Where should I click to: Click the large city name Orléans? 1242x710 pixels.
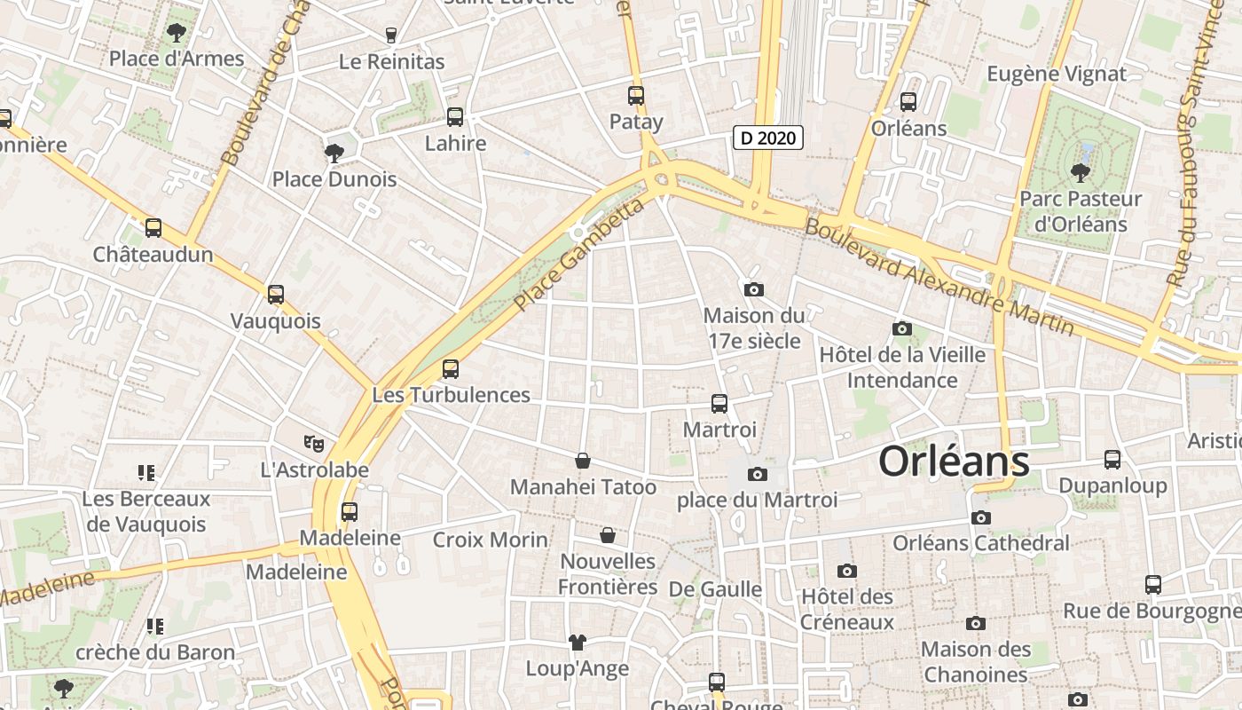coord(954,461)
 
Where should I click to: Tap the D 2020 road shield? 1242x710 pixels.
coord(768,138)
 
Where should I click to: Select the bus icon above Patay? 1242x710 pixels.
coord(636,96)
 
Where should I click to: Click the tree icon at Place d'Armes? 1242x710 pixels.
coord(177,34)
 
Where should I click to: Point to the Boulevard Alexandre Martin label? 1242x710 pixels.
coord(939,277)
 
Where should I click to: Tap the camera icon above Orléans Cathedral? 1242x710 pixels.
coord(980,517)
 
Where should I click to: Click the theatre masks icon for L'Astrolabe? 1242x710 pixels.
coord(314,442)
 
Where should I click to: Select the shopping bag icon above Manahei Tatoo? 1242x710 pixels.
coord(583,461)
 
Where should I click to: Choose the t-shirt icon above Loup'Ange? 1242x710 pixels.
coord(577,642)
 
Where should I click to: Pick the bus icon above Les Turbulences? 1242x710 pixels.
coord(451,368)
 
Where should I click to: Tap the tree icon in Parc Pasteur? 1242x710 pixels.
coord(1080,172)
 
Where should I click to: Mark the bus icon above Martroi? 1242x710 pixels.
coord(719,404)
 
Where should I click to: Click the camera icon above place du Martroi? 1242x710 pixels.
coord(757,475)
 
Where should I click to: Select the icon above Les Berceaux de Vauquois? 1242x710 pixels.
coord(146,473)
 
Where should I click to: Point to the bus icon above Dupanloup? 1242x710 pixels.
coord(1112,460)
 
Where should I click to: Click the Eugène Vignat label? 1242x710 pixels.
coord(1057,74)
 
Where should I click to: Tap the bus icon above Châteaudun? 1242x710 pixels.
coord(153,228)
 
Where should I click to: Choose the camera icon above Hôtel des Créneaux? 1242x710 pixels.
coord(847,571)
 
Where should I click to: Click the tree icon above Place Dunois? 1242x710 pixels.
coord(334,154)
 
